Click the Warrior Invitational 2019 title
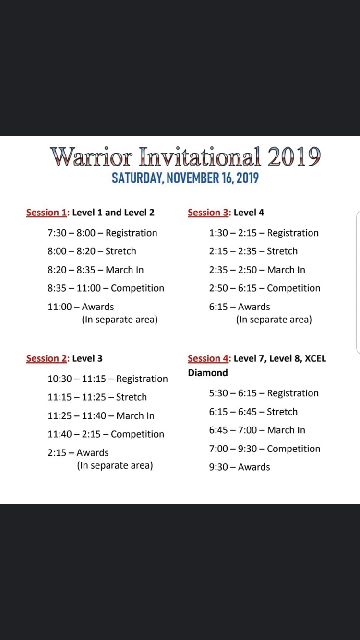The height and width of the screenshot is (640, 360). pos(185,156)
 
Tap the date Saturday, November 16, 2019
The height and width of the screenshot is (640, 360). pos(185,178)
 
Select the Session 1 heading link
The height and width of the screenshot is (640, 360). pos(47,213)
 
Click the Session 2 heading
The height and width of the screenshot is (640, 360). pos(47,358)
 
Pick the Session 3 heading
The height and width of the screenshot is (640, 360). pos(208,213)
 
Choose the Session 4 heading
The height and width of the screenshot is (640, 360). pos(208,358)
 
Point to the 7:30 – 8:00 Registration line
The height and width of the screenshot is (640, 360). pos(102,233)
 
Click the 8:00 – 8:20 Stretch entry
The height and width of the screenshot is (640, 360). pos(92,251)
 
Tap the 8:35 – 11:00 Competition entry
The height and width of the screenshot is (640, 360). pos(106,288)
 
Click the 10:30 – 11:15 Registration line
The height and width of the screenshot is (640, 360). pos(108,379)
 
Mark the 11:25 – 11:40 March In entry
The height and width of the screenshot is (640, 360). pos(101,416)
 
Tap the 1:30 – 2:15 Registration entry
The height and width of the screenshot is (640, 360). pos(264,233)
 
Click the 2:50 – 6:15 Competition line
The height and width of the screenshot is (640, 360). pos(264,288)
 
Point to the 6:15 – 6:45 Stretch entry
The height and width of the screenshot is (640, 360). pos(253,412)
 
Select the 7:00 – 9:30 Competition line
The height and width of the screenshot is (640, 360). pos(264,449)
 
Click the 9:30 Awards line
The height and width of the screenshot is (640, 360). pos(240,467)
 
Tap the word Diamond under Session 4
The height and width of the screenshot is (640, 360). pos(208,373)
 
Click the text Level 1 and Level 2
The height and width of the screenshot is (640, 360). pos(113,213)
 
